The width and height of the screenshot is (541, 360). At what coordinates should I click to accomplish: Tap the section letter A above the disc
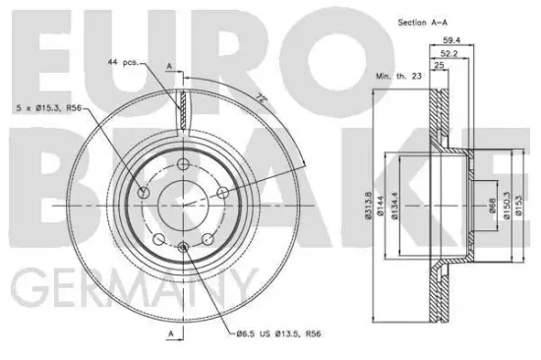click(x=172, y=65)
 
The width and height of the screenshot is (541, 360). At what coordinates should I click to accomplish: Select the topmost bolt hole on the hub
click(x=183, y=163)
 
